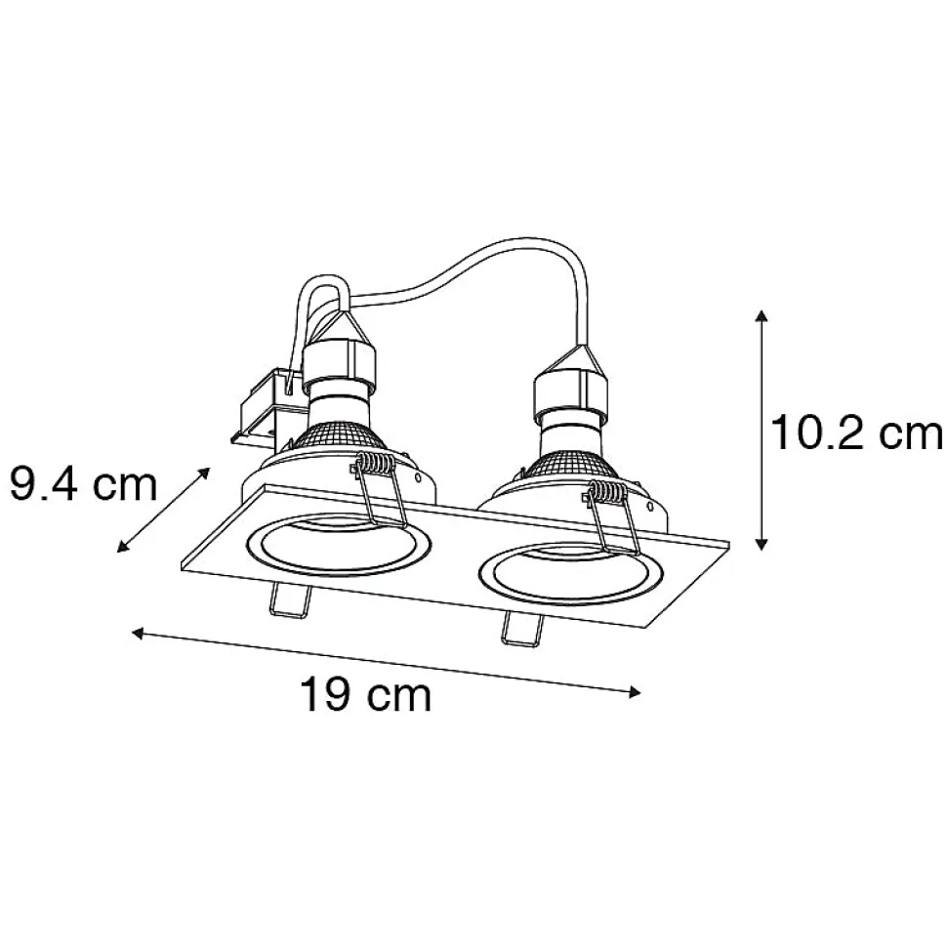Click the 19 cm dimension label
(366, 696)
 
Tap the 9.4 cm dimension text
(83, 484)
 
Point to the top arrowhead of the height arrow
(762, 315)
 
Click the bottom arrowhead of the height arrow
(762, 544)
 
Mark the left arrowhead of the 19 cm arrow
(139, 633)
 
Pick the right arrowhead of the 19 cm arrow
(634, 692)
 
